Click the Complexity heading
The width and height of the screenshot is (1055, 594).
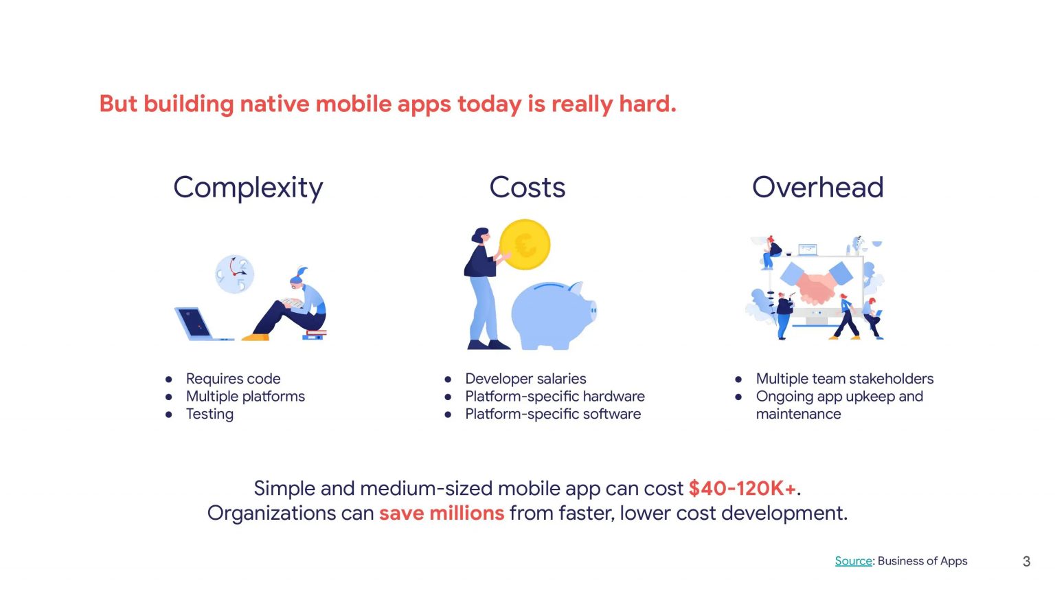tap(248, 188)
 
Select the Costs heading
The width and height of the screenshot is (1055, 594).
tap(527, 188)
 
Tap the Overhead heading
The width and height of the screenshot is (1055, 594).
tap(817, 187)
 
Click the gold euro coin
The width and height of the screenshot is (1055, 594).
tap(525, 245)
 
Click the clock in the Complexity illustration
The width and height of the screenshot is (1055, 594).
tap(234, 274)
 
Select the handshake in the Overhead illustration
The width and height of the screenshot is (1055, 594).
tap(816, 283)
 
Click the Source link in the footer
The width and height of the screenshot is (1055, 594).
tap(853, 561)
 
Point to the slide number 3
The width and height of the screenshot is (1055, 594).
tap(1026, 562)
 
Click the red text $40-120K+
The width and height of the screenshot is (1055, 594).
tap(742, 488)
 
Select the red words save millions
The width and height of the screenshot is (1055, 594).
tap(442, 513)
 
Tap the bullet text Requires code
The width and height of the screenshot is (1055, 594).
tap(233, 379)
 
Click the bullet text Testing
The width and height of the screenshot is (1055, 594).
tap(209, 414)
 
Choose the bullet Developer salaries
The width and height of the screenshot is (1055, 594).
tap(525, 379)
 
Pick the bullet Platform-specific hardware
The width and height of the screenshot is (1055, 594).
tap(554, 397)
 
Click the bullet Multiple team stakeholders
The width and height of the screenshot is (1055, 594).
tap(844, 379)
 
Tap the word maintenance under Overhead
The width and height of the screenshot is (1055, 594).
tap(798, 414)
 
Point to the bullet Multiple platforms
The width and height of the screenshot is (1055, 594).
tap(245, 397)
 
